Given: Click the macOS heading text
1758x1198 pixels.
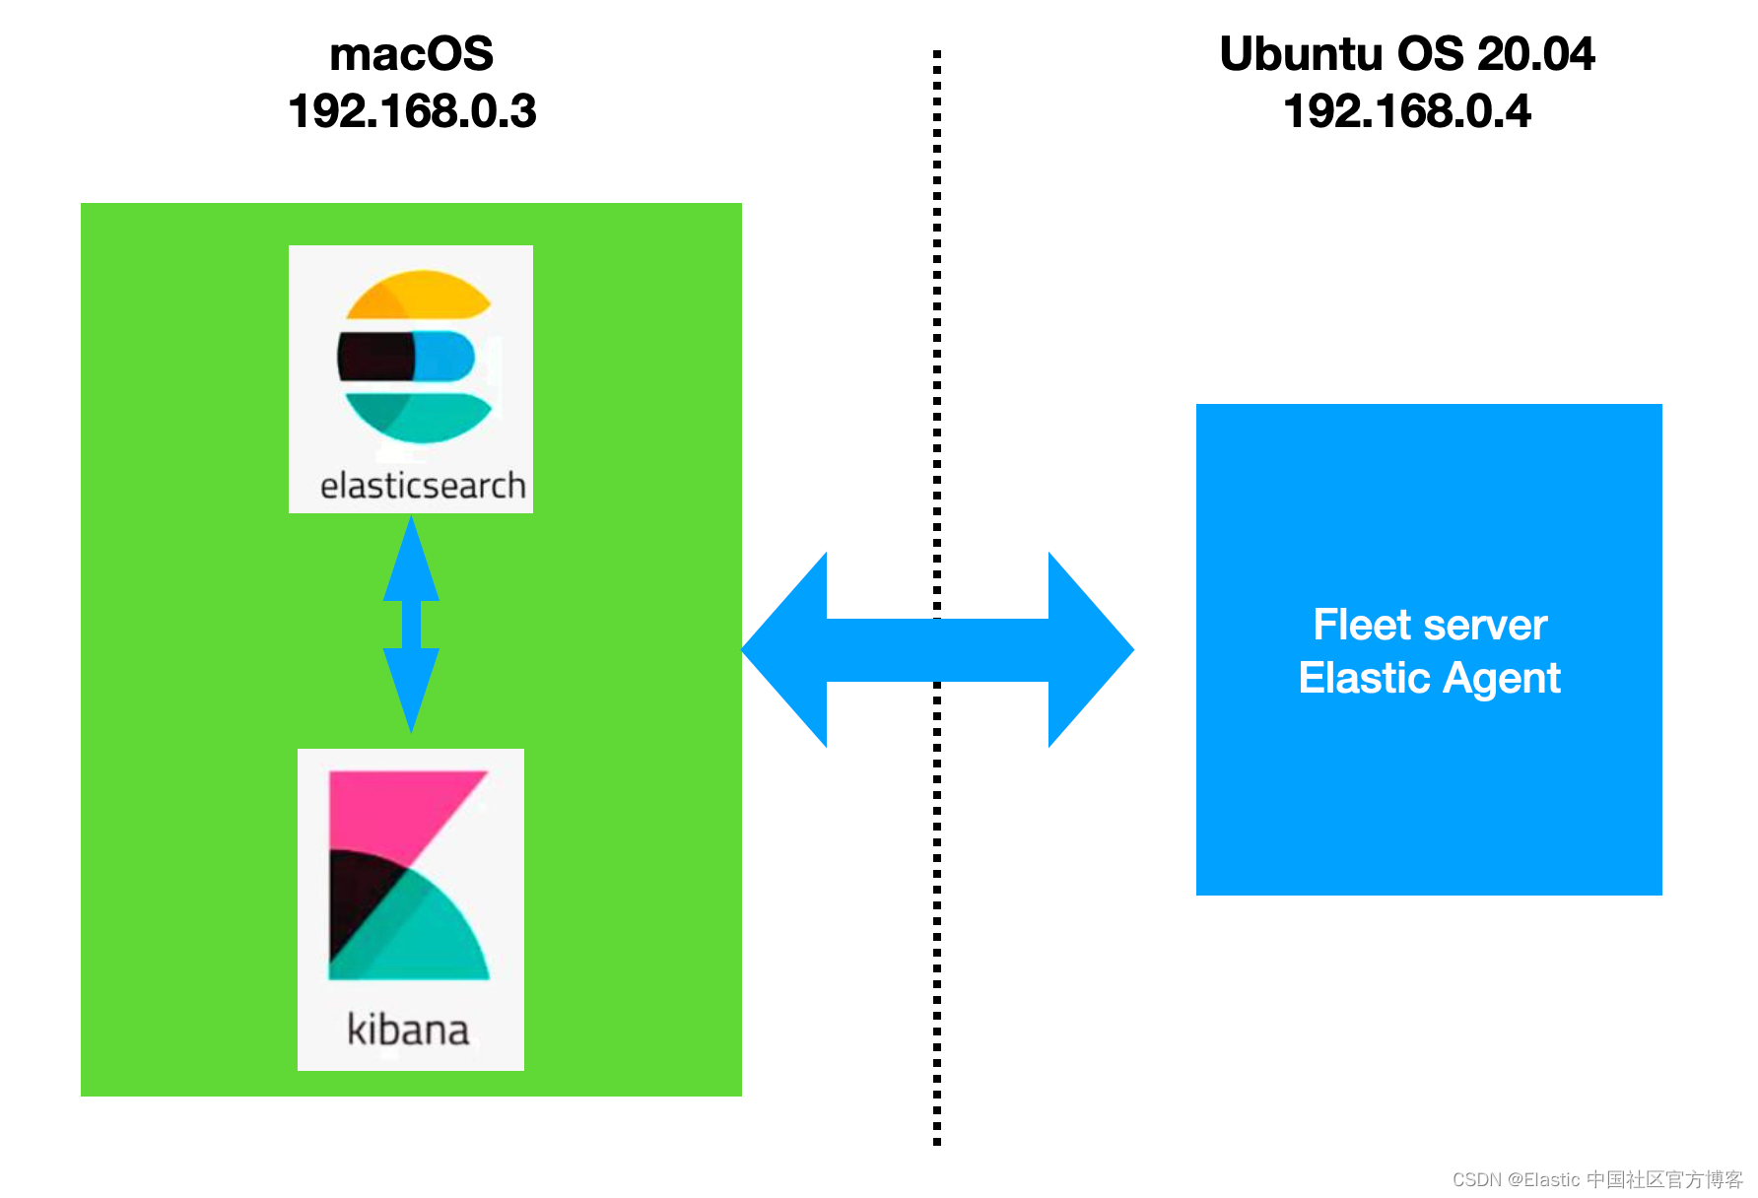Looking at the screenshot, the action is point(411,54).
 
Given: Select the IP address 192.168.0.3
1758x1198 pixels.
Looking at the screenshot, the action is point(412,110).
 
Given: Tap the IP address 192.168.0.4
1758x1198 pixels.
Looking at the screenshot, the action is point(1407,110).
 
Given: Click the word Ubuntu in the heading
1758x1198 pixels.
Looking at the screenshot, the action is point(1302,53).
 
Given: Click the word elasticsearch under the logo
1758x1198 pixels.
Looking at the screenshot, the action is point(423,486).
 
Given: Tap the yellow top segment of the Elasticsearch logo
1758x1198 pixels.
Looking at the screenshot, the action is point(418,295).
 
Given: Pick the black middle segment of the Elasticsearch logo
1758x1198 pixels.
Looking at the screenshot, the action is point(376,357).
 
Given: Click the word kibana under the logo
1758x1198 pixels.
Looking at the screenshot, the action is point(408,1030).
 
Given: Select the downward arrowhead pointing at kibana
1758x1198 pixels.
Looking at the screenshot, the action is point(411,691).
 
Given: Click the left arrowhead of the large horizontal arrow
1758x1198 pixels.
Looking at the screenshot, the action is point(784,649).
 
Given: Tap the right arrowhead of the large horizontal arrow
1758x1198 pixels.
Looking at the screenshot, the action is point(1091,649).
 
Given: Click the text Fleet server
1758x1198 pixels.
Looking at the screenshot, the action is point(1430,625).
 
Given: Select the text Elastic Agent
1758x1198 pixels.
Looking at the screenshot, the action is point(1430,679).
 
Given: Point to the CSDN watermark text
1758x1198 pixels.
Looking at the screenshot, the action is point(1597,1179).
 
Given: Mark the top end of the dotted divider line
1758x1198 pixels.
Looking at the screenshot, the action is point(937,51).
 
